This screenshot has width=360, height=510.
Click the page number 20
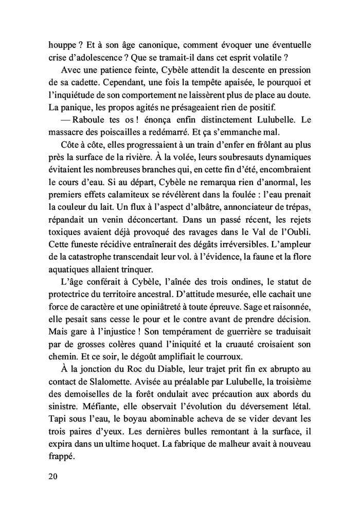[51, 476]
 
